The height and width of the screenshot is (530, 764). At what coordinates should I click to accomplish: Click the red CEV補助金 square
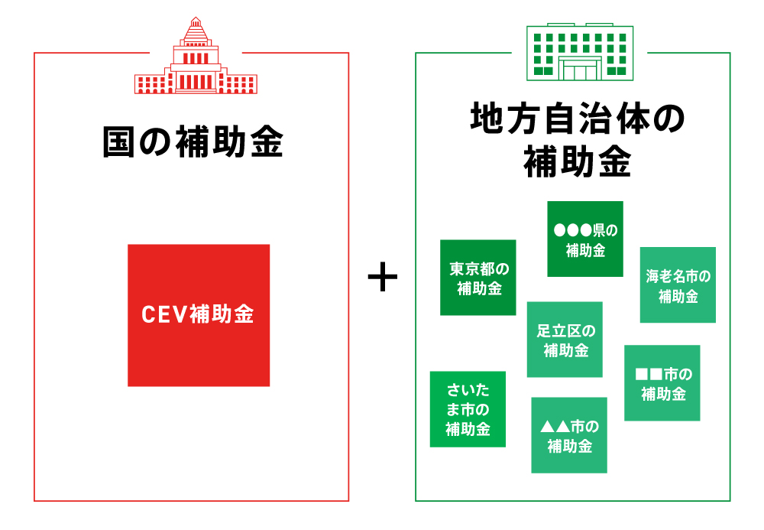(199, 315)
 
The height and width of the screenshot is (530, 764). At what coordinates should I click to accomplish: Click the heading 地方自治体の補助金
(578, 141)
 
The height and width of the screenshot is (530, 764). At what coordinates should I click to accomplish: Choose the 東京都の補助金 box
(478, 278)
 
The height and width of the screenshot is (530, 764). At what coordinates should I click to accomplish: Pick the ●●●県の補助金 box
(585, 239)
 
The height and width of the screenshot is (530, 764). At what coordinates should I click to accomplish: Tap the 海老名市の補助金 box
(678, 285)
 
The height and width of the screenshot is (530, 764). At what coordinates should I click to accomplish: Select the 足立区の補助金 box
(565, 340)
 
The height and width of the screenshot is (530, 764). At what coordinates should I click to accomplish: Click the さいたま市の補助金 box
(468, 408)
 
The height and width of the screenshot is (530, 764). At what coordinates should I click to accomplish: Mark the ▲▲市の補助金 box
(569, 435)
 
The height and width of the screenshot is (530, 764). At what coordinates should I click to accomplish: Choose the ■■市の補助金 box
(662, 383)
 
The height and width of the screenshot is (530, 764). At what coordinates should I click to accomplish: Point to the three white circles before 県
(572, 229)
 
